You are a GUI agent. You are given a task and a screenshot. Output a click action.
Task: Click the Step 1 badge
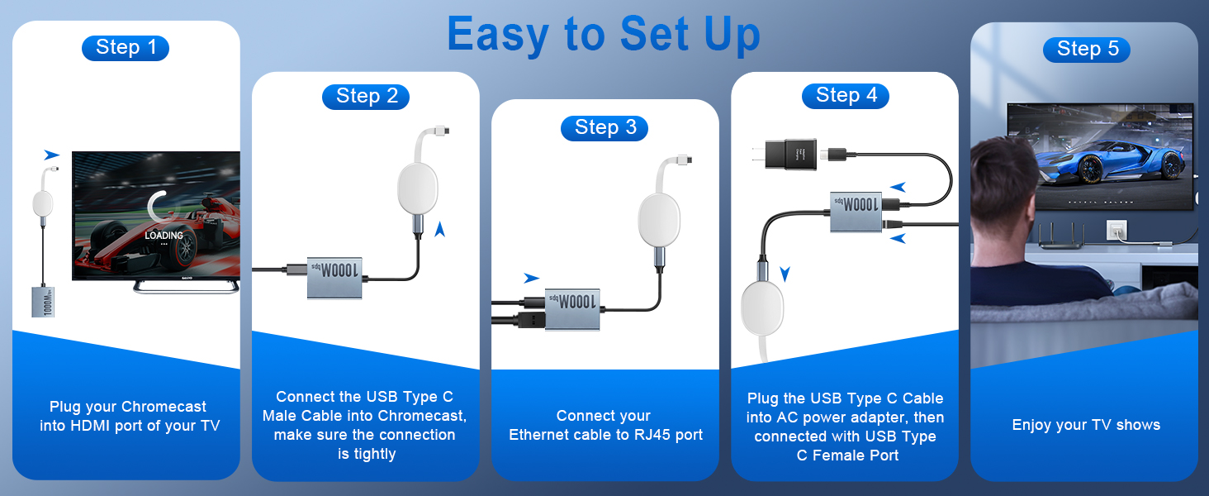coord(126,48)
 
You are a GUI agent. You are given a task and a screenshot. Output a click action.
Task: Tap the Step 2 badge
coord(366,97)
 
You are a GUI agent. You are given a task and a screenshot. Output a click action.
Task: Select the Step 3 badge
coord(604,127)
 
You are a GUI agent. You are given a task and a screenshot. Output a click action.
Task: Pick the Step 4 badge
coord(846,96)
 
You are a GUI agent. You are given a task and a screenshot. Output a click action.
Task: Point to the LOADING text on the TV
coord(164,236)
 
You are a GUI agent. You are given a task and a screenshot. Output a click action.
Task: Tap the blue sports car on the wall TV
coord(1098,166)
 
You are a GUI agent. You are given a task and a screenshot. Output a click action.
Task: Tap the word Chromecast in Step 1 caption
coord(164,407)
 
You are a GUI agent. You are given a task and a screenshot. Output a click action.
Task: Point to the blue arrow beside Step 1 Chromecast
coord(52,155)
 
